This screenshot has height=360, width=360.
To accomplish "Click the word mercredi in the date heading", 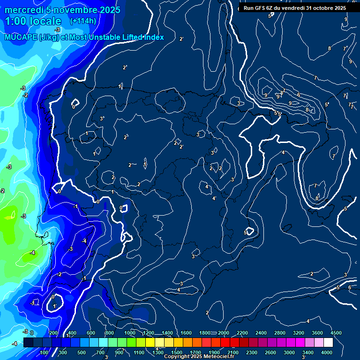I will coord(23,10).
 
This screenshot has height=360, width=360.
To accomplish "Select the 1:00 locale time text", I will coord(33,21).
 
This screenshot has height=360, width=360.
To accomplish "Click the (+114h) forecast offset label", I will coord(83,21).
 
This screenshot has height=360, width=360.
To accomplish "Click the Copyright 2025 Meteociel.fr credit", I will coord(199,357).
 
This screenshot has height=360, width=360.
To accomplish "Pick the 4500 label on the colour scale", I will coord(336,333).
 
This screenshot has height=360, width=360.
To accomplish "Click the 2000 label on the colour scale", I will coord(224,333).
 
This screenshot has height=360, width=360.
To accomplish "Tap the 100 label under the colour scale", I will coord(45,352).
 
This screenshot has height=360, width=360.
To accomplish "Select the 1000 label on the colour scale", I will coord(130,333).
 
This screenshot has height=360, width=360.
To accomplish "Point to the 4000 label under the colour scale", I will coord(327,352).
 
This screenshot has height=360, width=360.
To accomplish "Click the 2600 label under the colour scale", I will coord(270,352).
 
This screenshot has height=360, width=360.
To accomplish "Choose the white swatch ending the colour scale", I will coord(328,343).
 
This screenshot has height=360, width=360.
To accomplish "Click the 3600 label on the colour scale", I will coord(317,333).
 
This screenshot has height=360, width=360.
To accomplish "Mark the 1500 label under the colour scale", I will coord(176,352).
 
